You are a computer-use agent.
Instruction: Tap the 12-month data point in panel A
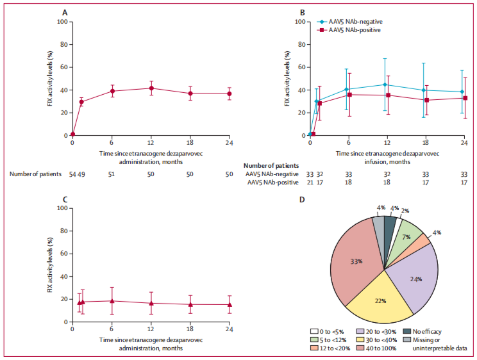point(151,88)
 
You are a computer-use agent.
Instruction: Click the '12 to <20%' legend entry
point(334,348)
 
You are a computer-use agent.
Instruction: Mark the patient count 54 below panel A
point(72,174)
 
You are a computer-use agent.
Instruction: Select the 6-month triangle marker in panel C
point(112,300)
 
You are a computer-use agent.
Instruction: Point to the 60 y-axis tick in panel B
point(299,67)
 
